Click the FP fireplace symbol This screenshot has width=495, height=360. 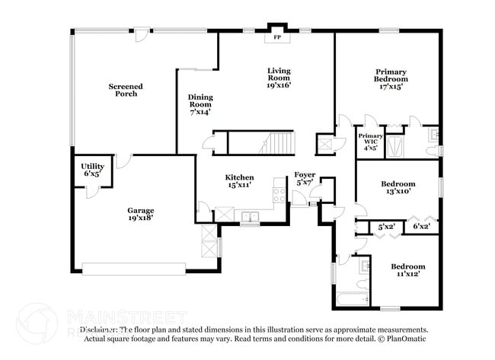276,36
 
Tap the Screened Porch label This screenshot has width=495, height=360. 126,90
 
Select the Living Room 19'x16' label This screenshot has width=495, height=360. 278,78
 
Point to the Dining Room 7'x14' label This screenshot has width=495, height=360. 200,104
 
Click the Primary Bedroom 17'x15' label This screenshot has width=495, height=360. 390,78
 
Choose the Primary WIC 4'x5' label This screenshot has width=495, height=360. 370,142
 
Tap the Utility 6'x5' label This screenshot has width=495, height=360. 92,169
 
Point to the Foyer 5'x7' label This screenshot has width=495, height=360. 305,179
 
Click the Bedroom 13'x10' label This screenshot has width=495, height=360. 398,187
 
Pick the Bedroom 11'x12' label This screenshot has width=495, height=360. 408,270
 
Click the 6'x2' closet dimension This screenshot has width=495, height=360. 421,226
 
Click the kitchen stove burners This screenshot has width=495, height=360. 279,196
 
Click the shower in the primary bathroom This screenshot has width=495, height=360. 394,145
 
